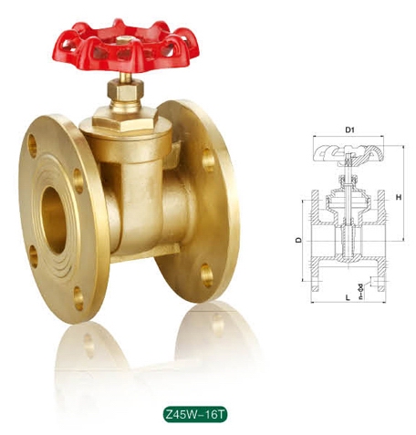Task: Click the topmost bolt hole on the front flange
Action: tap(34, 144)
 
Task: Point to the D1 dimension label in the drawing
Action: tap(348, 131)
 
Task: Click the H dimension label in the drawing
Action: tap(398, 197)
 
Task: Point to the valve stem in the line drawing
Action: tap(348, 182)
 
